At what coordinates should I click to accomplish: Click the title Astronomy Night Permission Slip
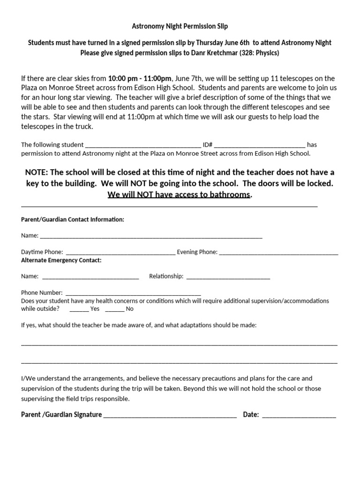coord(180,27)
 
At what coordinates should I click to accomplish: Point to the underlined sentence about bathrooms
coord(179,195)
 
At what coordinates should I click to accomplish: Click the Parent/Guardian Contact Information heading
coord(73,219)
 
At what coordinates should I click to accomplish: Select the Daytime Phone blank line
coord(120,253)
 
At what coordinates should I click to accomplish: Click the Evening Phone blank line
coord(278,253)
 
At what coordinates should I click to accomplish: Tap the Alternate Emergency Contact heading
coord(61,260)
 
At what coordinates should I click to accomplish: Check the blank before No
coord(115,309)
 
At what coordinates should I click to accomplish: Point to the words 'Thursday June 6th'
coord(223,43)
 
